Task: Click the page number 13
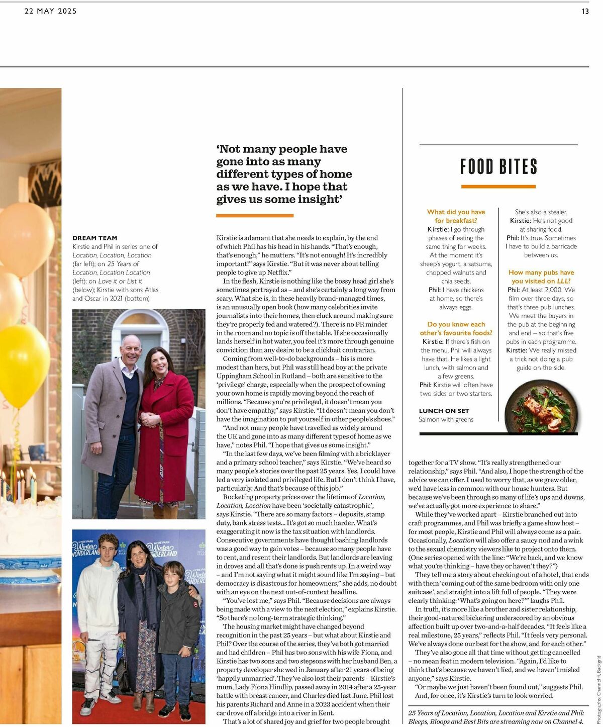585,11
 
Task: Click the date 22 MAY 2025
50,11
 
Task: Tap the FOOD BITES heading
498,166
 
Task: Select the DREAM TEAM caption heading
94,238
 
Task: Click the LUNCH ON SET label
444,411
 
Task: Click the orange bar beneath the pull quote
255,216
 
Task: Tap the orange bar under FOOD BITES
498,187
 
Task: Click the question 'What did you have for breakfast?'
456,216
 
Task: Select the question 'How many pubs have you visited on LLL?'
541,277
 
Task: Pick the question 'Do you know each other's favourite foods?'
456,328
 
